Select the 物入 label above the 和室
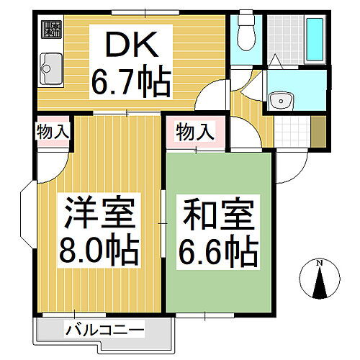(194, 132)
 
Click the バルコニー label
(104, 331)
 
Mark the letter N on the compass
(322, 264)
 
